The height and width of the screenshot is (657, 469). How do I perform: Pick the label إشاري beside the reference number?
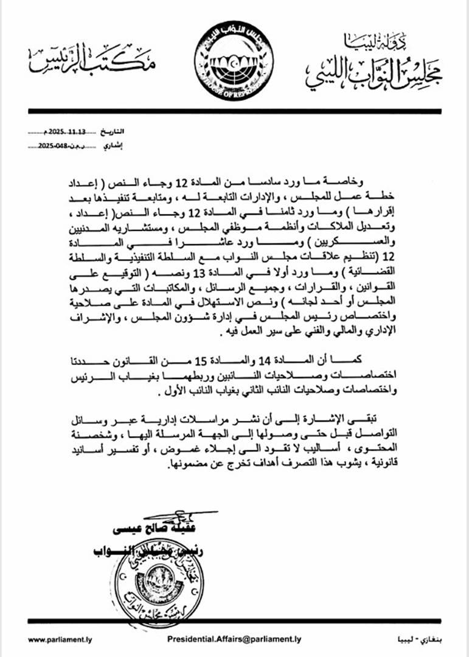(113, 146)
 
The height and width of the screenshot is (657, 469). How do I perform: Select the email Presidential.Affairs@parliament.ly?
(234, 639)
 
